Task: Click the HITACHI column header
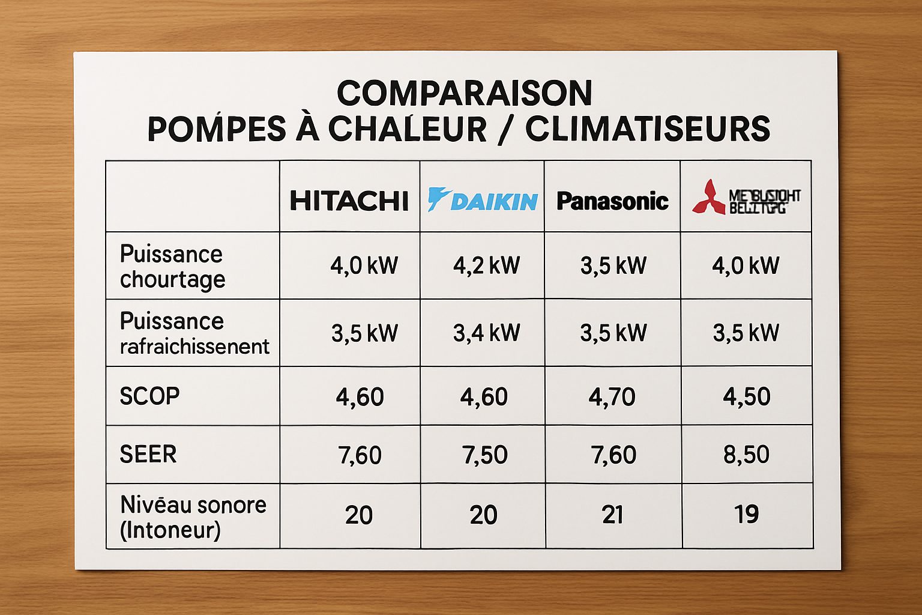pos(349,201)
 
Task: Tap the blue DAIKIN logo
pos(483,200)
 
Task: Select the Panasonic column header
pos(612,201)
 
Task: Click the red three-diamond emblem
pos(709,198)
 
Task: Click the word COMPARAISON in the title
pos(465,93)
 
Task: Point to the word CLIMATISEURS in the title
pos(648,129)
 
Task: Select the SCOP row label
pos(149,396)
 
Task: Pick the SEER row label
pos(148,454)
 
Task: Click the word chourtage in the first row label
pos(173,280)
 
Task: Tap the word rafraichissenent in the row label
pos(194,347)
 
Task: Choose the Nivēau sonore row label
pos(193,505)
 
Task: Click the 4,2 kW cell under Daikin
pos(486,265)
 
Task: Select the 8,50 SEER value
pos(746,455)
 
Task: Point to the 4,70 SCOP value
pos(612,397)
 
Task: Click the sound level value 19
pos(746,514)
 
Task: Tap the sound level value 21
pos(612,515)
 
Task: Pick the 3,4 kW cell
pos(486,333)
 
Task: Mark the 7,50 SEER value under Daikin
pos(484,455)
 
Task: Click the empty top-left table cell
pos(193,196)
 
